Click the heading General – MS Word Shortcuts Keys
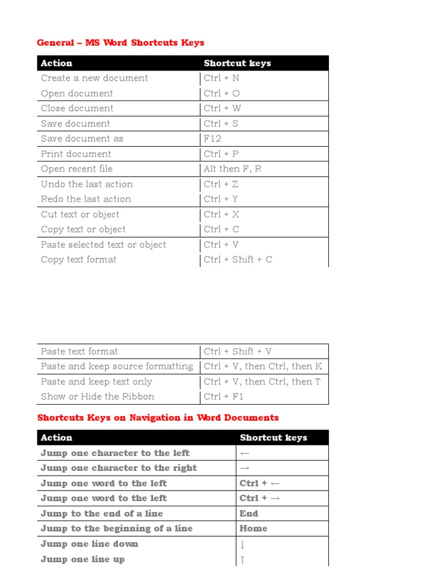pyautogui.click(x=120, y=43)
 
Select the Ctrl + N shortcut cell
pyautogui.click(x=222, y=78)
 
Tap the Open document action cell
pyautogui.click(x=77, y=94)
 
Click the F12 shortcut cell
pyautogui.click(x=212, y=139)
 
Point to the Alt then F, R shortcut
pyautogui.click(x=232, y=169)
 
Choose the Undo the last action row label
pyautogui.click(x=87, y=184)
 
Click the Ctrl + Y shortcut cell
pyautogui.click(x=221, y=199)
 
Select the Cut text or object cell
pyautogui.click(x=80, y=214)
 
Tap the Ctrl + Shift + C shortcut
pyautogui.click(x=238, y=260)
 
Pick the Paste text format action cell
pyautogui.click(x=80, y=351)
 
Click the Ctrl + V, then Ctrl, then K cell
pyautogui.click(x=263, y=366)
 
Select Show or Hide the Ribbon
pyautogui.click(x=97, y=397)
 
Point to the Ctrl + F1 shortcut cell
pyautogui.click(x=224, y=397)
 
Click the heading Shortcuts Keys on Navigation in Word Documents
pyautogui.click(x=158, y=418)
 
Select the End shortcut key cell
pyautogui.click(x=249, y=514)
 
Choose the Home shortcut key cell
pyautogui.click(x=253, y=529)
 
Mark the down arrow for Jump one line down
pyautogui.click(x=242, y=545)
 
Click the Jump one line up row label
pyautogui.click(x=83, y=559)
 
